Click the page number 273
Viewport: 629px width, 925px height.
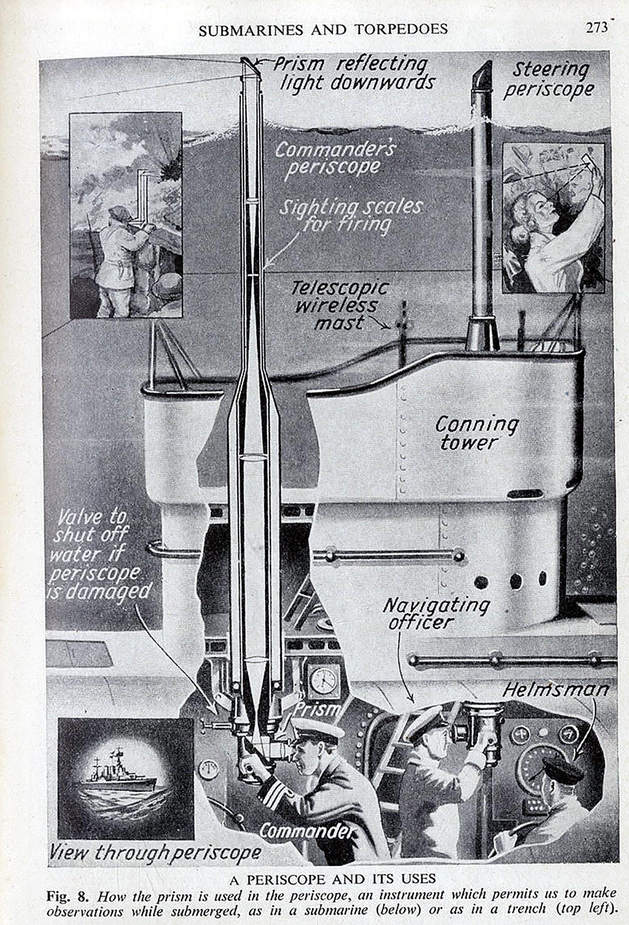click(596, 28)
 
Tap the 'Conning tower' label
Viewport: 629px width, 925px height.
click(476, 434)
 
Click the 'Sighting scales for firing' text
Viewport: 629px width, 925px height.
click(350, 217)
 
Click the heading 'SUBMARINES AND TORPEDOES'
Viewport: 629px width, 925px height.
click(323, 29)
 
